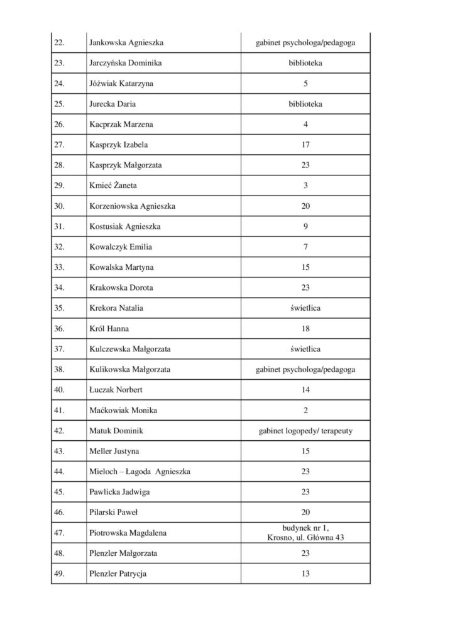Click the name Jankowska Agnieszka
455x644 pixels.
(127, 43)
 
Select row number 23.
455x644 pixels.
(60, 63)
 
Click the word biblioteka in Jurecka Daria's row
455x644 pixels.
(305, 104)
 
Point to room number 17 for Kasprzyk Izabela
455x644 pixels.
(305, 145)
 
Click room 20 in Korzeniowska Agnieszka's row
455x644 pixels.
(305, 206)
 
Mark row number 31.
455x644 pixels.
(60, 226)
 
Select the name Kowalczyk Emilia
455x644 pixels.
(121, 247)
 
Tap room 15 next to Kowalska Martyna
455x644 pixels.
(305, 267)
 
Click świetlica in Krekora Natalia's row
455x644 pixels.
(305, 308)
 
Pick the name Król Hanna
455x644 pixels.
(110, 328)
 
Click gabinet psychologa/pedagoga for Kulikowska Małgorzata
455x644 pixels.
(305, 369)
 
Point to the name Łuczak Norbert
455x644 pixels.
(116, 390)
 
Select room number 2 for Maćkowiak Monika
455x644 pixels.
(305, 410)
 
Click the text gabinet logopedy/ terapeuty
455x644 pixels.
(305, 431)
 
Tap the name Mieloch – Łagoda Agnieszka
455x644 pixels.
(140, 471)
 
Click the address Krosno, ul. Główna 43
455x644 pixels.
(305, 538)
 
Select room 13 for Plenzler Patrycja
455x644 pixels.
(305, 574)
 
